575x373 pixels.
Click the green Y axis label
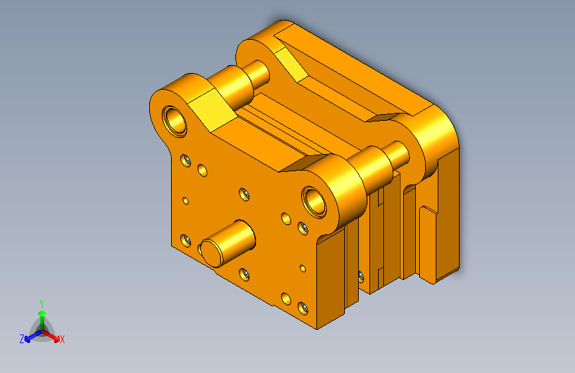(x=42, y=304)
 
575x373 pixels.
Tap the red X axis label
(x=62, y=339)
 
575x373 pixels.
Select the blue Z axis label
(x=22, y=339)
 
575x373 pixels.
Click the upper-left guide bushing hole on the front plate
(x=175, y=121)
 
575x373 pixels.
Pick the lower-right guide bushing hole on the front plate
(x=314, y=202)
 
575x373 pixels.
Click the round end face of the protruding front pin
(x=212, y=253)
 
